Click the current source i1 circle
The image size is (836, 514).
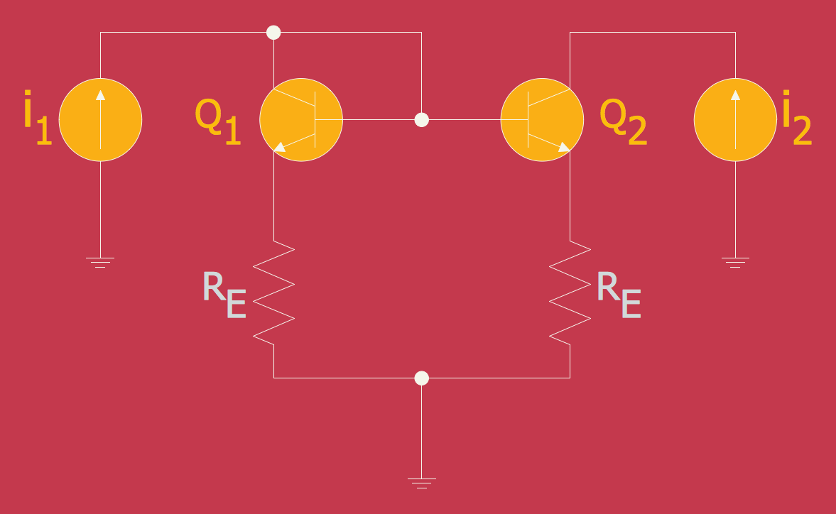pyautogui.click(x=100, y=120)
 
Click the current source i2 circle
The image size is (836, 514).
pyautogui.click(x=735, y=120)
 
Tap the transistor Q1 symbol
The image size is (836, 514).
pyautogui.click(x=301, y=120)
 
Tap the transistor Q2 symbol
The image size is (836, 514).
pyautogui.click(x=542, y=120)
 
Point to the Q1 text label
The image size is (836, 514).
pyautogui.click(x=217, y=122)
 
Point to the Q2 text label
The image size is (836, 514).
pyautogui.click(x=623, y=122)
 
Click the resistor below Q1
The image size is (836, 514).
pyautogui.click(x=274, y=292)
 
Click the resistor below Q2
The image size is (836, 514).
pyautogui.click(x=570, y=292)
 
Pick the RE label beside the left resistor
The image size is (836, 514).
pyautogui.click(x=224, y=295)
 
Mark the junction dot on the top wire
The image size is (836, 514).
pyautogui.click(x=273, y=33)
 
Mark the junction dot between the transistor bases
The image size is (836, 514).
pyautogui.click(x=422, y=119)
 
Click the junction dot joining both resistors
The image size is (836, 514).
pyautogui.click(x=422, y=378)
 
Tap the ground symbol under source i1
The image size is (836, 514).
pyautogui.click(x=100, y=262)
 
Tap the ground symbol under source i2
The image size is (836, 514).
pyautogui.click(x=735, y=262)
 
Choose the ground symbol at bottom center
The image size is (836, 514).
pyautogui.click(x=422, y=483)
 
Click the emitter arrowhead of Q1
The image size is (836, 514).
pyautogui.click(x=280, y=147)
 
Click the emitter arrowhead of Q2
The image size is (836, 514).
pyautogui.click(x=564, y=147)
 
